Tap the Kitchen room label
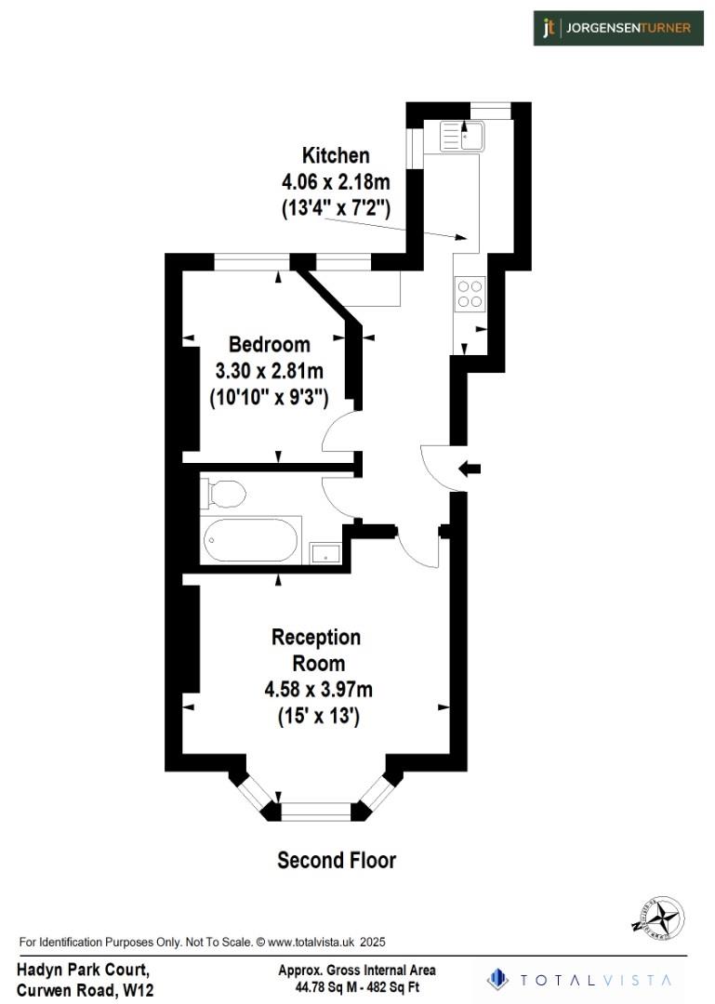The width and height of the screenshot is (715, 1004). point(336,155)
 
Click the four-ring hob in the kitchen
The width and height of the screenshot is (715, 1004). point(469,295)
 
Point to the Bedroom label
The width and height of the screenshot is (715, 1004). point(269,344)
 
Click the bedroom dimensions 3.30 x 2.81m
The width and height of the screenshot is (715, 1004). point(269,372)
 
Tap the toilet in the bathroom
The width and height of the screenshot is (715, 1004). point(224,493)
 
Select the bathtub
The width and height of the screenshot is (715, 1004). point(251,540)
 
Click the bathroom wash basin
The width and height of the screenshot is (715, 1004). point(324,553)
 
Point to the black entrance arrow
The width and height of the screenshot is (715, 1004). point(470,469)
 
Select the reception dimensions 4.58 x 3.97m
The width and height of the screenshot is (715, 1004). point(319,690)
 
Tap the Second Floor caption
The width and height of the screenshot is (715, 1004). point(337,861)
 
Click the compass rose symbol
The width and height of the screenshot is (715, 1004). point(658,918)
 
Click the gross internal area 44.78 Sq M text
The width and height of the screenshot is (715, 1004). point(356,986)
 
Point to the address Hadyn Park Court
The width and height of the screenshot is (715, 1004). point(83,970)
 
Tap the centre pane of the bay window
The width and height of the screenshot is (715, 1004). point(316,812)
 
